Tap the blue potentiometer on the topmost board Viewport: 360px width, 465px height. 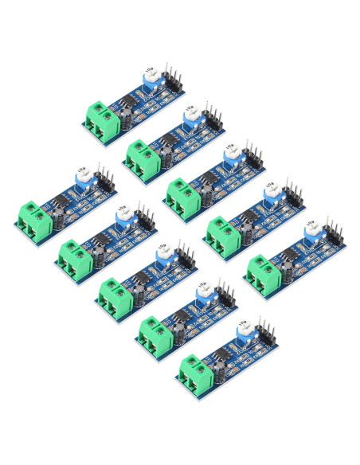click(x=150, y=78)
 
